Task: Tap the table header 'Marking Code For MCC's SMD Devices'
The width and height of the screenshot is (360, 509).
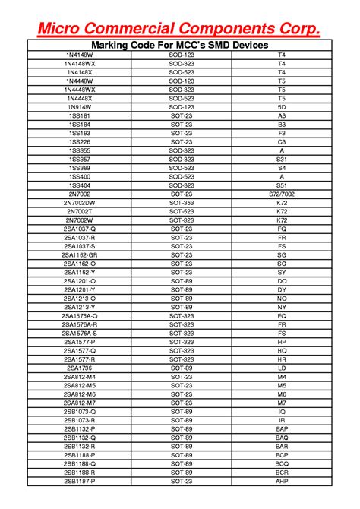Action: tap(181, 46)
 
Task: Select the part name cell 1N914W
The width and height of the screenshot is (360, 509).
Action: tap(80, 107)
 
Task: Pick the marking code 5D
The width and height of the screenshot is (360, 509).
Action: tap(282, 107)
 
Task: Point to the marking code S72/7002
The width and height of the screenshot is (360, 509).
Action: tap(282, 194)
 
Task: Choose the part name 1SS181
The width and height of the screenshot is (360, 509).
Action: tap(80, 116)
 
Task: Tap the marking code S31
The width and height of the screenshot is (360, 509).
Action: tap(282, 160)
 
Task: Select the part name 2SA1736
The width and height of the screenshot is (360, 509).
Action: tap(80, 368)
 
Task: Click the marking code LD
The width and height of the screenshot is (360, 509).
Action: tap(282, 368)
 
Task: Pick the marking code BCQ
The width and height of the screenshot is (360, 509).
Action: tap(282, 463)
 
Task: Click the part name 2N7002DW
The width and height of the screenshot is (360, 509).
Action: tap(80, 203)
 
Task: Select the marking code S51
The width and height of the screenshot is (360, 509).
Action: tap(282, 185)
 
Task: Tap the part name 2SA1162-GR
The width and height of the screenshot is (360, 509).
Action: tap(80, 255)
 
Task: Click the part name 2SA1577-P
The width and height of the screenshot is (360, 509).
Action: tap(80, 342)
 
